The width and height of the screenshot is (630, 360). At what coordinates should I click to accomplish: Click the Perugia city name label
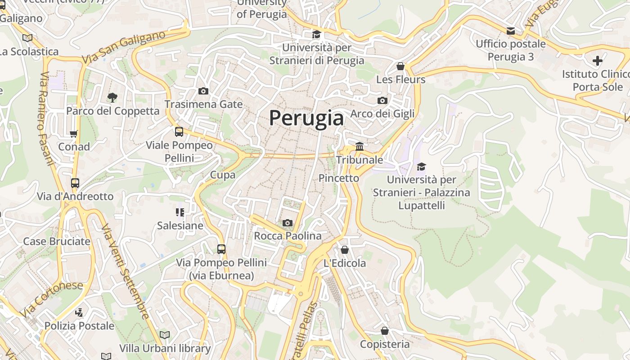pos(306,118)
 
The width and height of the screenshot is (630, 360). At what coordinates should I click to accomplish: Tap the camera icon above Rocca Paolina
pos(288,223)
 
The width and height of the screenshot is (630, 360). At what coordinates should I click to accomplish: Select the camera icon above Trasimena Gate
pos(203,91)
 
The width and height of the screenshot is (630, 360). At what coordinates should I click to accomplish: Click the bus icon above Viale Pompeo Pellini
pos(179,132)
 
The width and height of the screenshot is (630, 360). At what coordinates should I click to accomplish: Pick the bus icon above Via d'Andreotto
pos(75,183)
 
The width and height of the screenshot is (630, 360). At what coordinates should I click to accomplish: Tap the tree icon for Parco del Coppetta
pos(112,97)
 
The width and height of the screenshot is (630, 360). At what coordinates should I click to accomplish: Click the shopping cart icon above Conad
pos(74,134)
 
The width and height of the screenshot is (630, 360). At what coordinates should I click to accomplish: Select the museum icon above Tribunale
pos(360,146)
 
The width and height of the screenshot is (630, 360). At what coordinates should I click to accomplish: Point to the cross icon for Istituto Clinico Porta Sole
pos(598,61)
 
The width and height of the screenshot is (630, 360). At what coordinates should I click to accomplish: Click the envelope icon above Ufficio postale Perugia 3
pos(511,31)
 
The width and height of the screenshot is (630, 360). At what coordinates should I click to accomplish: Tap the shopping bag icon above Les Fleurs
pos(400,67)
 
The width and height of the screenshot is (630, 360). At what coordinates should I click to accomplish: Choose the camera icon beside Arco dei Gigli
pos(382,100)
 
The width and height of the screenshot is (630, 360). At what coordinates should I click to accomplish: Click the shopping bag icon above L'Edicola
pos(345,250)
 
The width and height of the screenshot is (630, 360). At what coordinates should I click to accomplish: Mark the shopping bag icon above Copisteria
pos(385,331)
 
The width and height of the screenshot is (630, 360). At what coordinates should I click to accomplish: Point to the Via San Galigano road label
pos(124,47)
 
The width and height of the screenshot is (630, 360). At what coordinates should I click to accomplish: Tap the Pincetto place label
pos(339,178)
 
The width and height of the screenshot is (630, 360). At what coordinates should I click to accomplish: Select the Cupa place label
pos(223,175)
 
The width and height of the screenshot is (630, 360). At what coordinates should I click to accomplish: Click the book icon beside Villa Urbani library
pos(165,335)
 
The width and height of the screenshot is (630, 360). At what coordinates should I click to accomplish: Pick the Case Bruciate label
pos(57,241)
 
